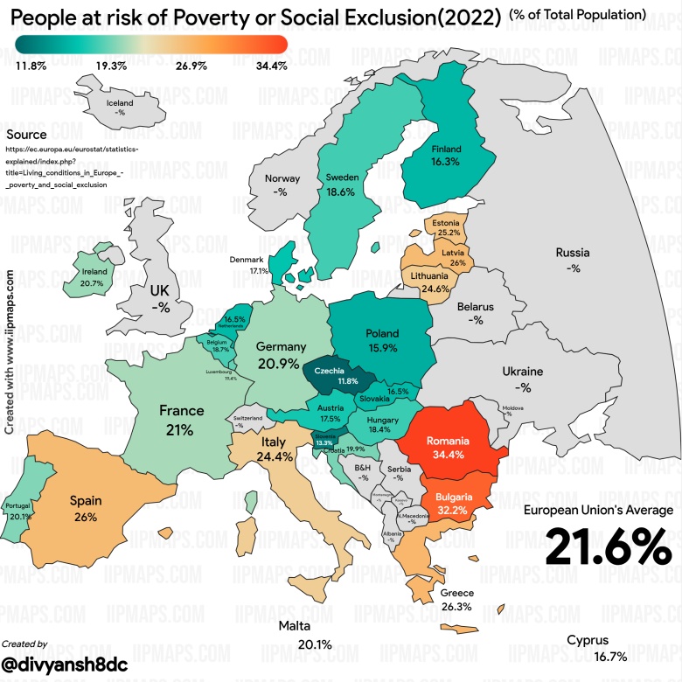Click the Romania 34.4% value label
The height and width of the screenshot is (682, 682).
pyautogui.click(x=447, y=455)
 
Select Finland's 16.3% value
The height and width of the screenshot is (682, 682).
pyautogui.click(x=445, y=162)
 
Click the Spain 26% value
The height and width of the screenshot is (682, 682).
pyautogui.click(x=86, y=517)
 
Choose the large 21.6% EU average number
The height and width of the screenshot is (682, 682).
pyautogui.click(x=609, y=547)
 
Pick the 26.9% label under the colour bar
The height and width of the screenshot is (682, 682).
pyautogui.click(x=191, y=66)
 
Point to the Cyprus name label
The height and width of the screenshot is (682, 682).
pyautogui.click(x=588, y=640)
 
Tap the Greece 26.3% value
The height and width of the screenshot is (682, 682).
pyautogui.click(x=457, y=607)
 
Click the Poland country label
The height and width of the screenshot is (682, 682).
pyautogui.click(x=382, y=333)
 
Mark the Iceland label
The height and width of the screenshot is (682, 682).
pyautogui.click(x=120, y=102)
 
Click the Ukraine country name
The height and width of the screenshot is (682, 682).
pyautogui.click(x=523, y=371)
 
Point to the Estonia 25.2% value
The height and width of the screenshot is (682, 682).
pyautogui.click(x=449, y=233)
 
